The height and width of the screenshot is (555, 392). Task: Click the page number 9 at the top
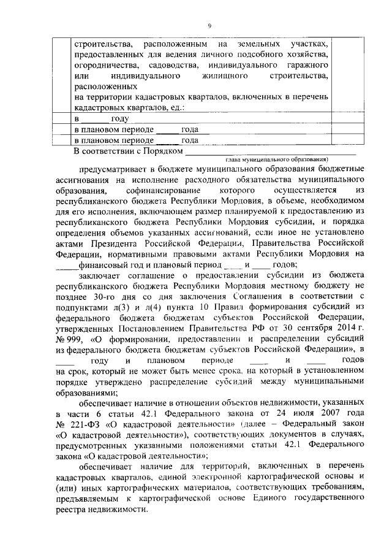click(x=209, y=26)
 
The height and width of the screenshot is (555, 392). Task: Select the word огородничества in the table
click(x=102, y=65)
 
